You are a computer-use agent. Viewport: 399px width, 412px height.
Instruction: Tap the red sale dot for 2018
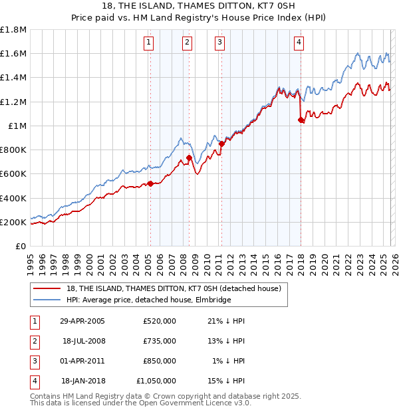pos(301,120)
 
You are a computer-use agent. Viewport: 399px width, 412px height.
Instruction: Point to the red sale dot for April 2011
pos(221,144)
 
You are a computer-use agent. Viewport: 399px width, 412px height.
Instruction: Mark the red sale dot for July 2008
pos(189,157)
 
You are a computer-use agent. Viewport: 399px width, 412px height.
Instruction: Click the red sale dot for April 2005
pos(150,183)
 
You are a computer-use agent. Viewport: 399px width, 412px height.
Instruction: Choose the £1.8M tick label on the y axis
pos(13,30)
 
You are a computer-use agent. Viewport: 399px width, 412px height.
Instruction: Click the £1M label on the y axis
pos(17,126)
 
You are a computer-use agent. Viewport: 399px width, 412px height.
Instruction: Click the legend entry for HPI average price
pos(148,300)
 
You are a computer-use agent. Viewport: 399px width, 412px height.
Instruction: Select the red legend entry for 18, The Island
pos(174,288)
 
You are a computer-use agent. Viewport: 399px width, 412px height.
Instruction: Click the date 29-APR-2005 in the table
pos(82,321)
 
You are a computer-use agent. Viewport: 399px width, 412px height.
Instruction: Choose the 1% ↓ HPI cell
pos(229,361)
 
